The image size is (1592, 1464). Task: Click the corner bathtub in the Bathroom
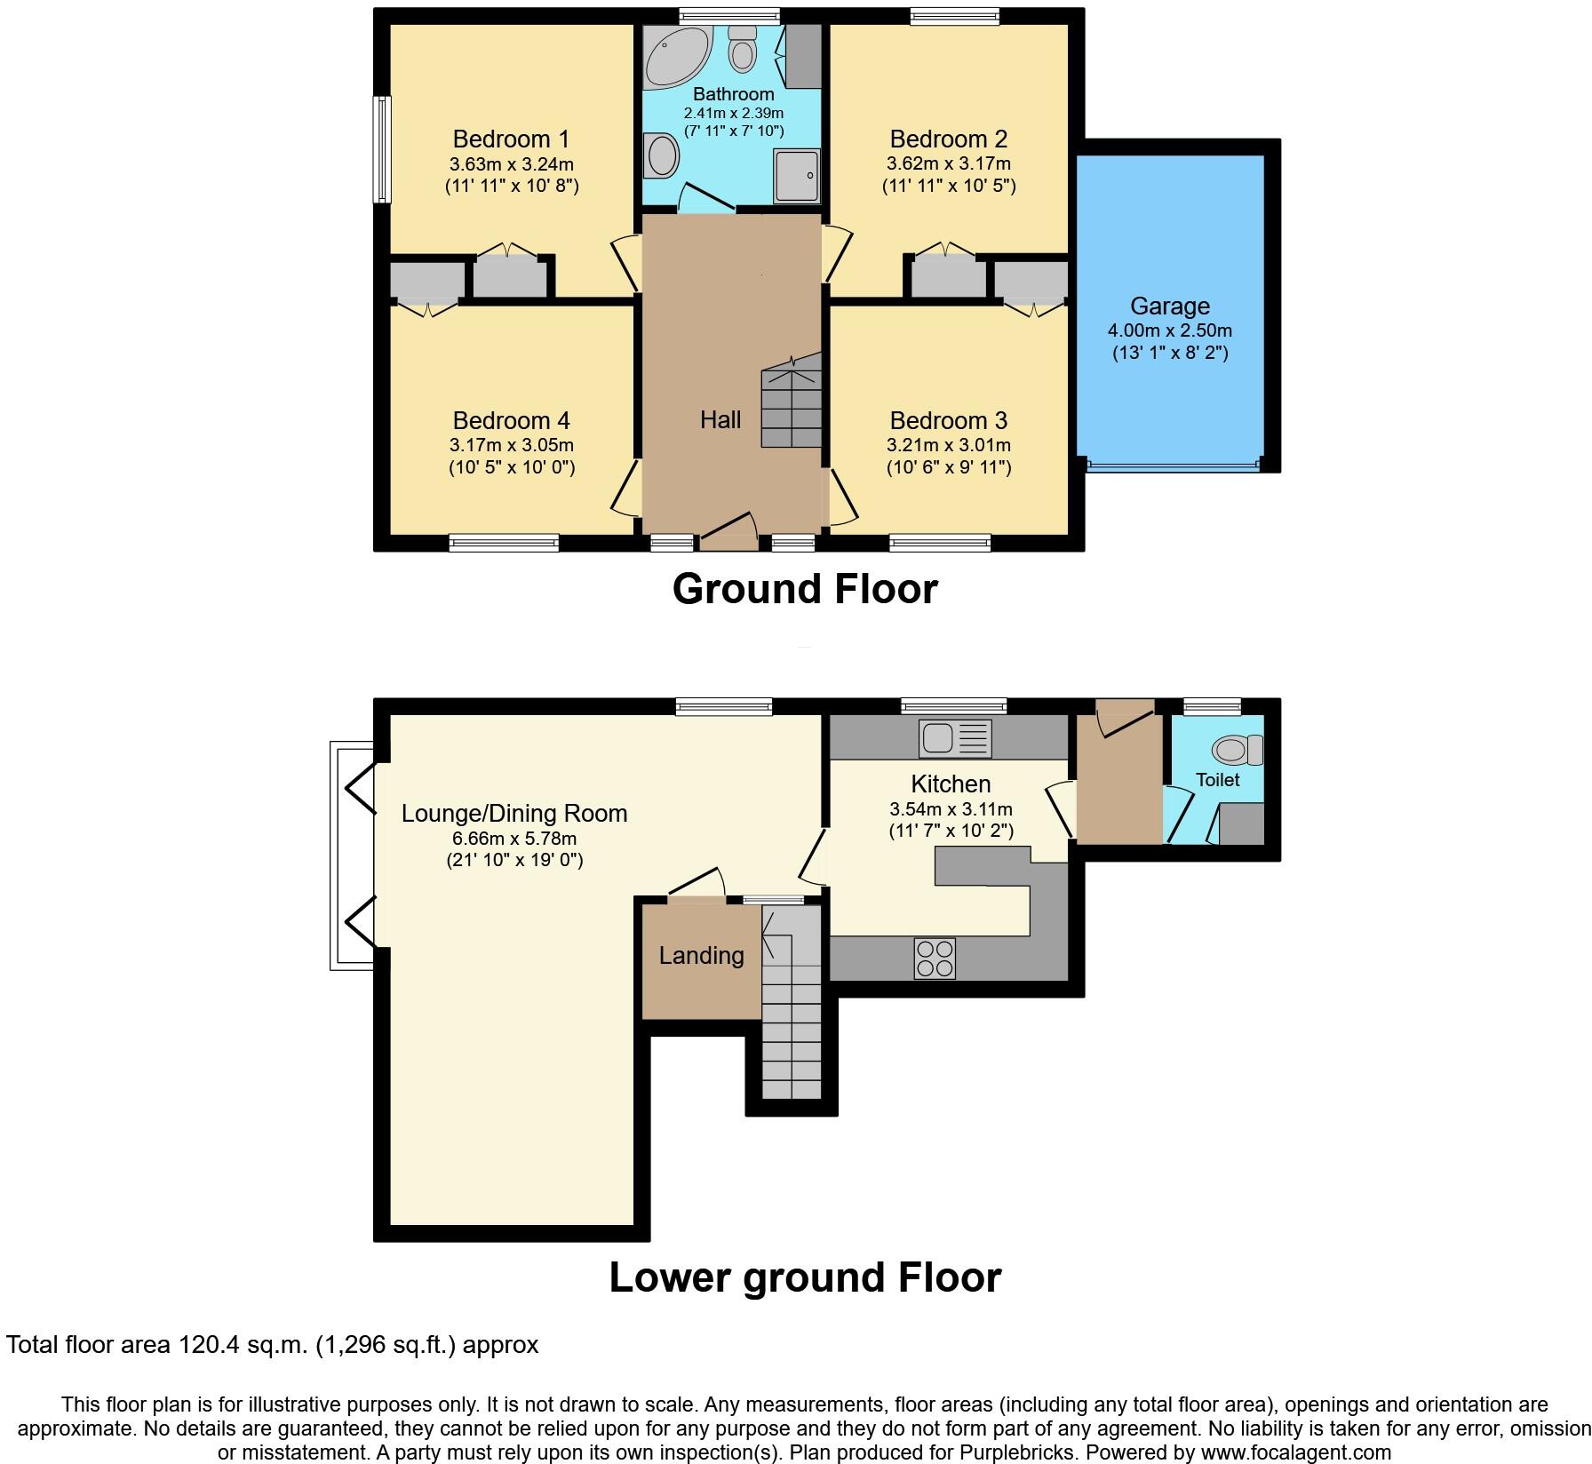(x=675, y=55)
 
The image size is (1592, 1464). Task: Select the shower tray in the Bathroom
(x=796, y=176)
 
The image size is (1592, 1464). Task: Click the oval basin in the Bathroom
(x=662, y=156)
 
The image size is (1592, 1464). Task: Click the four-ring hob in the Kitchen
(x=935, y=959)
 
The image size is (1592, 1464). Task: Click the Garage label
(x=1169, y=306)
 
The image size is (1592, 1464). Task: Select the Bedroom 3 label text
(x=948, y=420)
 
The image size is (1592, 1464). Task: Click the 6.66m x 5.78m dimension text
(x=514, y=838)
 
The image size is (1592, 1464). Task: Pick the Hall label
(x=720, y=419)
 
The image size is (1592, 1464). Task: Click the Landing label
(x=701, y=956)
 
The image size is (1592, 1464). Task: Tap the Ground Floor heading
(x=804, y=589)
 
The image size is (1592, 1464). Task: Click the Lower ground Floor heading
(x=804, y=1277)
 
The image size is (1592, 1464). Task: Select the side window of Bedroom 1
(x=381, y=149)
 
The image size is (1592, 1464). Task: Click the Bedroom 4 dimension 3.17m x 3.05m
(x=511, y=445)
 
